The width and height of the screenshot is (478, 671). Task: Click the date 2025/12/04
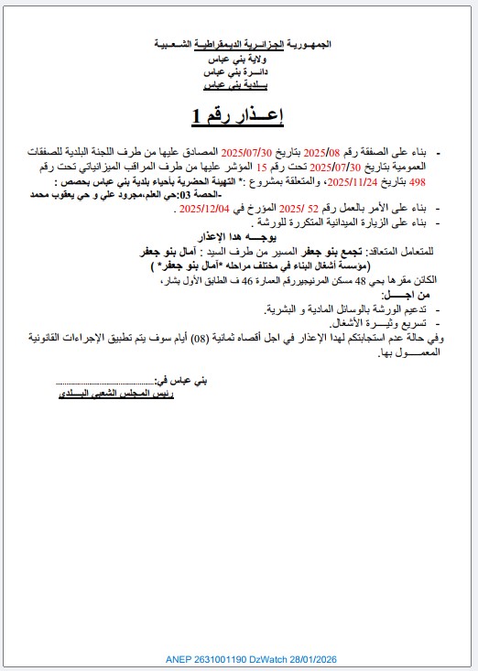(x=204, y=210)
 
